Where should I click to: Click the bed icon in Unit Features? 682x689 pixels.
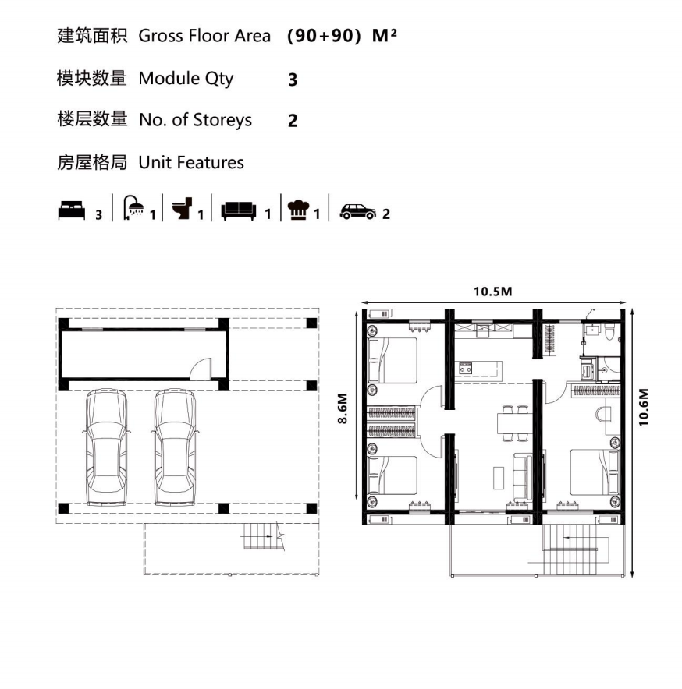(71, 210)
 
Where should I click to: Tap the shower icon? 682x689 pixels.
(133, 207)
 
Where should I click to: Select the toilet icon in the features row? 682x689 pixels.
(182, 208)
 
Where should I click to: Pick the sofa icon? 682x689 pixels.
(239, 211)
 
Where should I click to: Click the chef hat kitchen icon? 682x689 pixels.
(298, 210)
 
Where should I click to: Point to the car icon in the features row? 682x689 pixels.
(357, 212)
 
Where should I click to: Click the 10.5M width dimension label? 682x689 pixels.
(493, 291)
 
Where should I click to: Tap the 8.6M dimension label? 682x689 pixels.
(343, 408)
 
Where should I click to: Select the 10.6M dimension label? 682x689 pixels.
(643, 408)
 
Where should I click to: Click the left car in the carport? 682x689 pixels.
(106, 447)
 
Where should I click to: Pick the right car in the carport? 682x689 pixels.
(175, 447)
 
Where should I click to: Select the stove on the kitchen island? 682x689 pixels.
(466, 368)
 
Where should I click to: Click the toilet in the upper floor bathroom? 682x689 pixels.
(609, 332)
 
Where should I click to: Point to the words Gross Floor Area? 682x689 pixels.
(204, 36)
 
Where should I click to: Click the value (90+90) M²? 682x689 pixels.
(342, 36)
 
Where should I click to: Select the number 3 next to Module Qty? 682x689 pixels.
(293, 80)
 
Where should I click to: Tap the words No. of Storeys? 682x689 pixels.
(195, 120)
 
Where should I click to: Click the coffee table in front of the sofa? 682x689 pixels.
(499, 478)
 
